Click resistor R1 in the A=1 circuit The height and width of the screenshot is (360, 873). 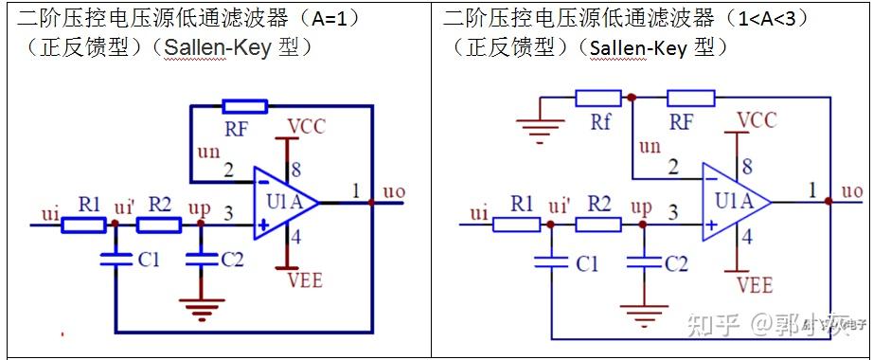coord(84,225)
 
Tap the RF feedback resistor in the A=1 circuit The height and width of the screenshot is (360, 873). coord(243,106)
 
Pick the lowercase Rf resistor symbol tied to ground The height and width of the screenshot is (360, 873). coord(598,98)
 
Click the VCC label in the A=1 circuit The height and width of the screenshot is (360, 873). coord(307,126)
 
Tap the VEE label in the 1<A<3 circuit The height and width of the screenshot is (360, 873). coord(755,284)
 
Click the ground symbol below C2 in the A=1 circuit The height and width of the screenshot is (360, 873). coord(198,304)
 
